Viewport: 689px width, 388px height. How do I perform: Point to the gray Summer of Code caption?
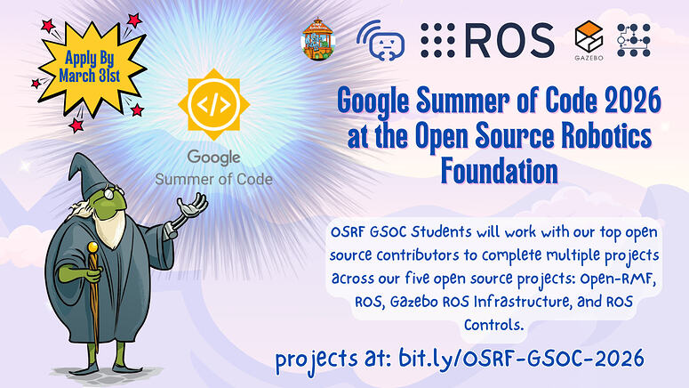[x=214, y=178]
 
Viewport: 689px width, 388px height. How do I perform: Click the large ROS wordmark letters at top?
[x=508, y=39]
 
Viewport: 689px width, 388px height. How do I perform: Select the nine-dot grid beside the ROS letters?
[x=438, y=39]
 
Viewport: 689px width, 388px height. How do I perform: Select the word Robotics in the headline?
[x=599, y=135]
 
